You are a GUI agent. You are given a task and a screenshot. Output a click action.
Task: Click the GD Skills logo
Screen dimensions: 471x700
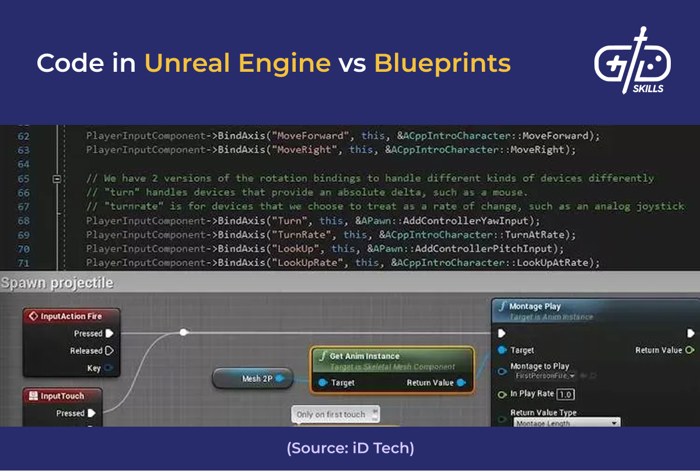[632, 61]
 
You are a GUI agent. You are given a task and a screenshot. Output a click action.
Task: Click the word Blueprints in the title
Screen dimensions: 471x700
[442, 63]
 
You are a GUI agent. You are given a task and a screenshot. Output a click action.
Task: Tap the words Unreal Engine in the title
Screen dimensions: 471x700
[237, 63]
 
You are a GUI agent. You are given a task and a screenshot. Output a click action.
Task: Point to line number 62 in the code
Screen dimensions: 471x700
[23, 136]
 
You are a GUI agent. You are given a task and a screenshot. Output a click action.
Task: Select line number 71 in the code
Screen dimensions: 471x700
[23, 263]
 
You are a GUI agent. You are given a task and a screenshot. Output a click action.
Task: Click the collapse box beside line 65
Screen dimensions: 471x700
[57, 179]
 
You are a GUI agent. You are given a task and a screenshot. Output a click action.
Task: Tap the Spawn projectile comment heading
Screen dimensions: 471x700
[57, 284]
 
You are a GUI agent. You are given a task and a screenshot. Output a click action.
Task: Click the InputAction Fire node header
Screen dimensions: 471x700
[71, 316]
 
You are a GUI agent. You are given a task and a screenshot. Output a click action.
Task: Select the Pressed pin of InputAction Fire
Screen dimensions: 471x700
[109, 333]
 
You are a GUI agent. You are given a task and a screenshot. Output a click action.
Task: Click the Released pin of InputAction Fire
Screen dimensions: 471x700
[109, 351]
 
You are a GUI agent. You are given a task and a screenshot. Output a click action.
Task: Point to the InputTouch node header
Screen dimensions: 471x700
[62, 396]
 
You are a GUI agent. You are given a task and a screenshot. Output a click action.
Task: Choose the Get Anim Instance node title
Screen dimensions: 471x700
[365, 356]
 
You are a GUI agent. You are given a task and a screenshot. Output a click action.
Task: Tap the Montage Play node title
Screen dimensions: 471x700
[534, 306]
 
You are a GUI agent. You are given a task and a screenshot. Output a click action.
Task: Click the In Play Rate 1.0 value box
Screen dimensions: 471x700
[565, 395]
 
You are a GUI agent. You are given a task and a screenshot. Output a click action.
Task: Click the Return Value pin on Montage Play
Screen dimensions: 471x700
[689, 350]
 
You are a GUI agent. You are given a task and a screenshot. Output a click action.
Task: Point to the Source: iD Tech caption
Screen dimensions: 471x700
[350, 448]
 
